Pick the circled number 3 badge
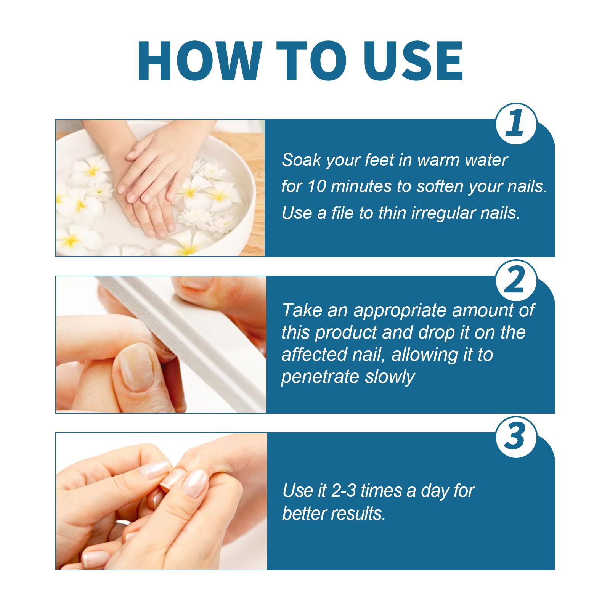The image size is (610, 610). coord(516,437)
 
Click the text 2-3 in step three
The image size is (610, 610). coord(344,491)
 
